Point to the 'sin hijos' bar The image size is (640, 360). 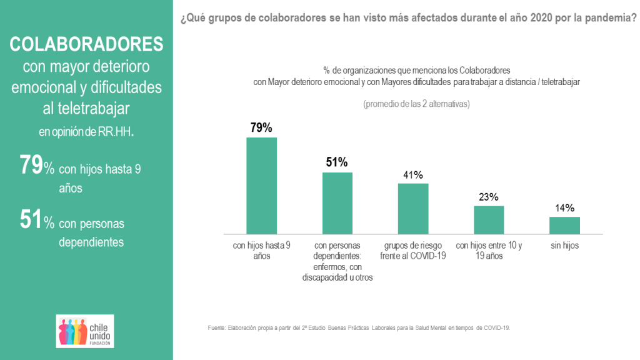(x=564, y=226)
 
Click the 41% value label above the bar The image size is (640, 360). (x=413, y=175)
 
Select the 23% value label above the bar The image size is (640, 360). (x=489, y=197)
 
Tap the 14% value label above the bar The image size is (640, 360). (x=564, y=208)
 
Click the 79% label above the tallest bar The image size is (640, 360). (x=261, y=127)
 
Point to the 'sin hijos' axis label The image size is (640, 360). (x=564, y=246)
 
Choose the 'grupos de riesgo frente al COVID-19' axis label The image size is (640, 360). (x=413, y=251)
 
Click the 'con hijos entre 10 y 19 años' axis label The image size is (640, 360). (x=489, y=251)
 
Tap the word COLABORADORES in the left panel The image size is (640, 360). (x=86, y=44)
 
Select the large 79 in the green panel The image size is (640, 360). (x=31, y=166)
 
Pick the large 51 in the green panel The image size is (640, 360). (x=31, y=221)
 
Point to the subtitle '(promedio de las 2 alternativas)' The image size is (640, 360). (x=416, y=104)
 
